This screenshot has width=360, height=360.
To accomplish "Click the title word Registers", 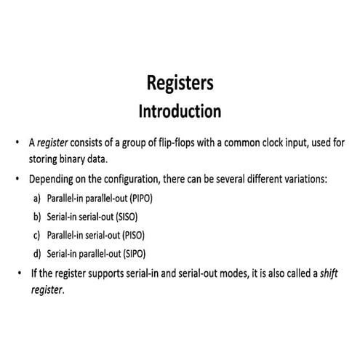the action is tap(180, 84).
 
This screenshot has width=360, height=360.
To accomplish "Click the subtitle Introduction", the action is tap(180, 112).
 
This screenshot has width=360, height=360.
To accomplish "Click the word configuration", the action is tap(125, 179).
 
